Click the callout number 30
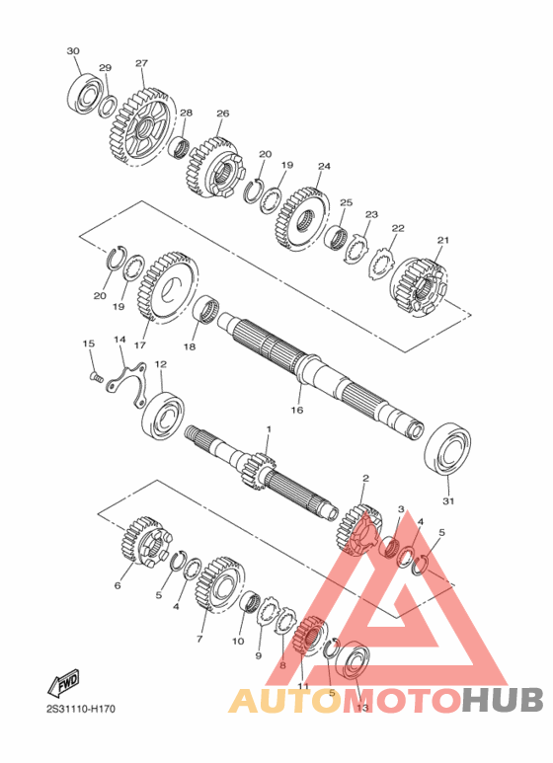(x=73, y=51)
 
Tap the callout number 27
(x=141, y=63)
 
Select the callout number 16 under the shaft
(x=297, y=410)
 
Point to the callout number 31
(x=448, y=500)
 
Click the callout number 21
(x=443, y=240)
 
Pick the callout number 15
(x=89, y=343)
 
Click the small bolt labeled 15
(x=97, y=376)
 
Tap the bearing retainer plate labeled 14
(x=126, y=384)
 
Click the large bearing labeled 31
(x=447, y=450)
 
